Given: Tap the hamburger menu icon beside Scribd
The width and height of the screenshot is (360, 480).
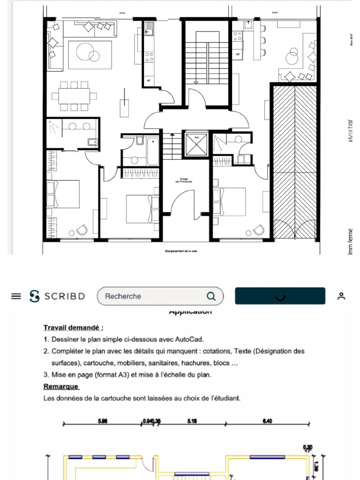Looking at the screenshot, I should (16, 296).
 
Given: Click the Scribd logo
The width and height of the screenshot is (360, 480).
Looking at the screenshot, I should (57, 296).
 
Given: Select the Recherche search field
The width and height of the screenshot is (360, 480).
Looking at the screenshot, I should (150, 296).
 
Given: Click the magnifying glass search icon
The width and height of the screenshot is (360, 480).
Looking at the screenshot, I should (211, 296).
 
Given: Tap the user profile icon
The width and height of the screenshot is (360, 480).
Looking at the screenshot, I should (341, 296).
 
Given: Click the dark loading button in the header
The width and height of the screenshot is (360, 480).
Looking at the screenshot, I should (280, 296).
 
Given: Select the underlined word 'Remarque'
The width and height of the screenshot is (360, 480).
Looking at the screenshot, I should (61, 387).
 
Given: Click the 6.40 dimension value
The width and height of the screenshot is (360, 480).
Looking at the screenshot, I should (267, 421).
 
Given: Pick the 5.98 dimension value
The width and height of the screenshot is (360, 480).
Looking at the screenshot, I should (103, 421).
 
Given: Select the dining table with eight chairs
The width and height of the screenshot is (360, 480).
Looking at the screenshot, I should (74, 97).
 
